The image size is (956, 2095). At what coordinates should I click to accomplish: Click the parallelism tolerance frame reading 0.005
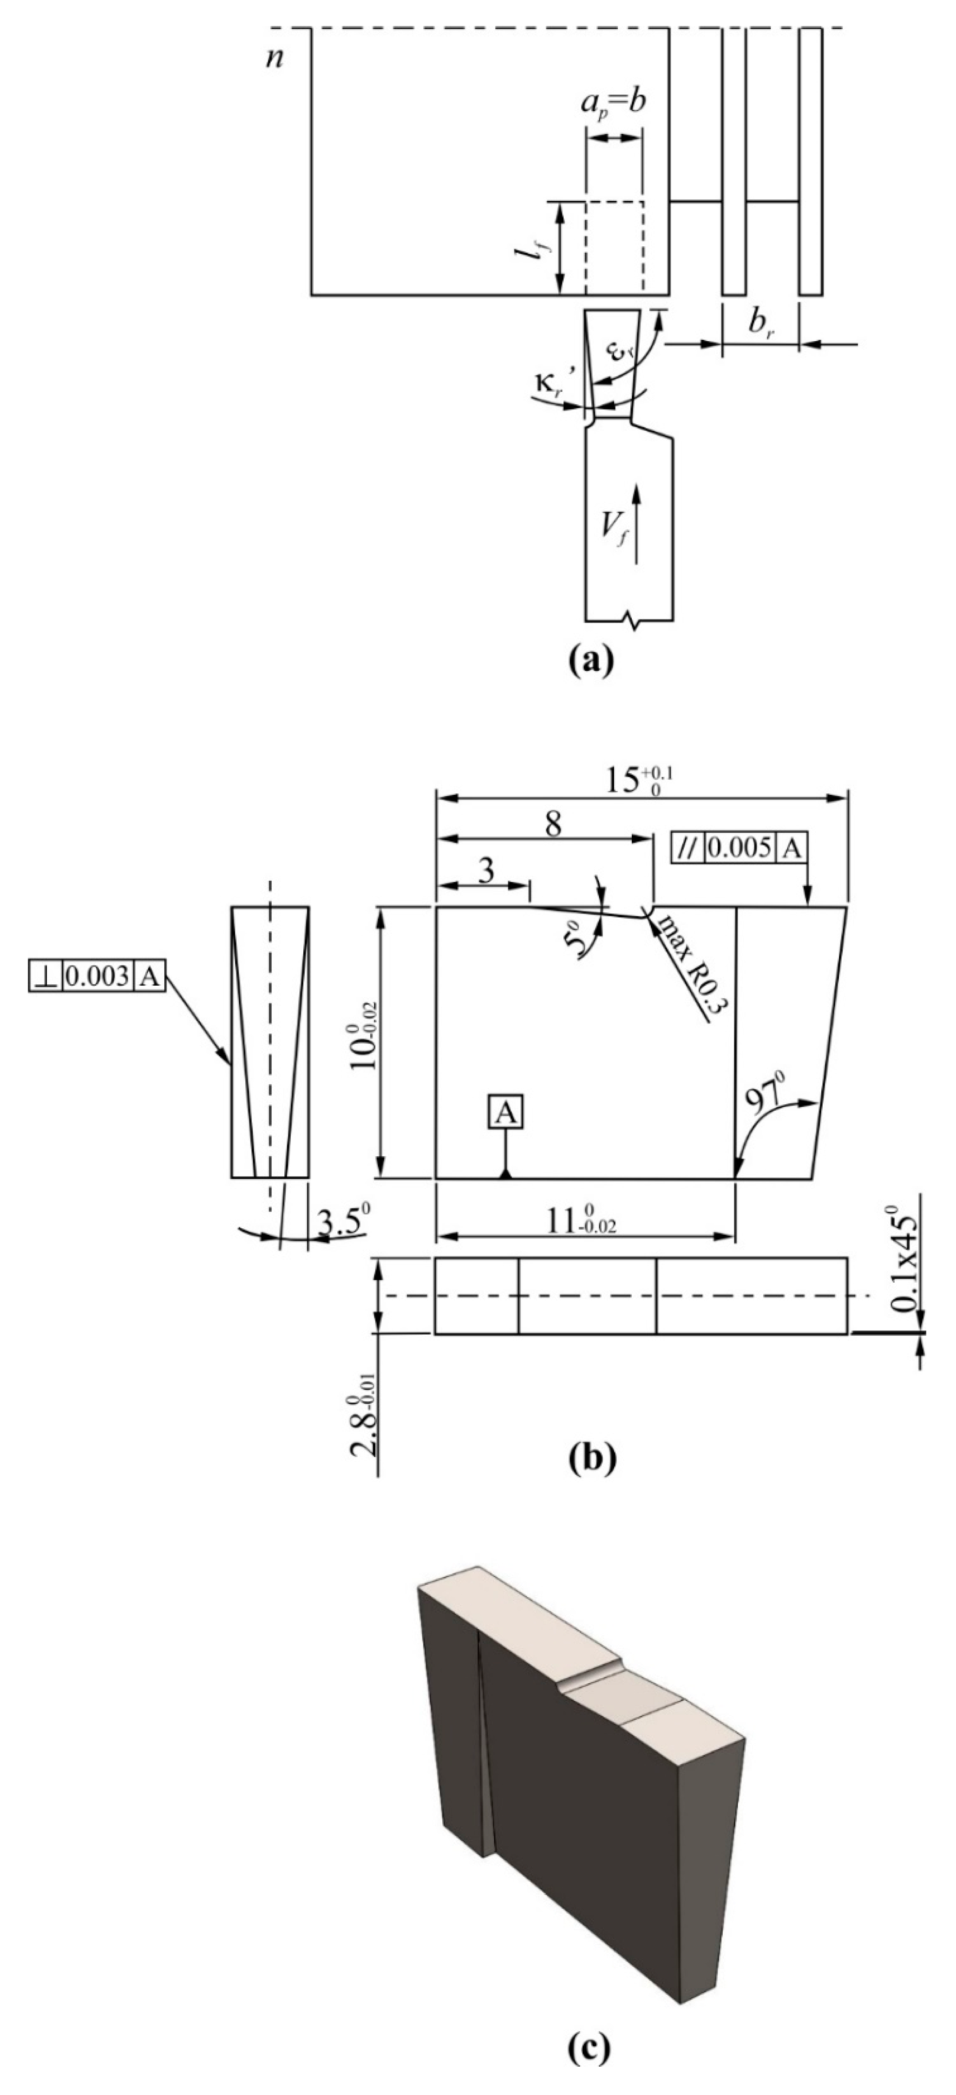pos(738,848)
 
